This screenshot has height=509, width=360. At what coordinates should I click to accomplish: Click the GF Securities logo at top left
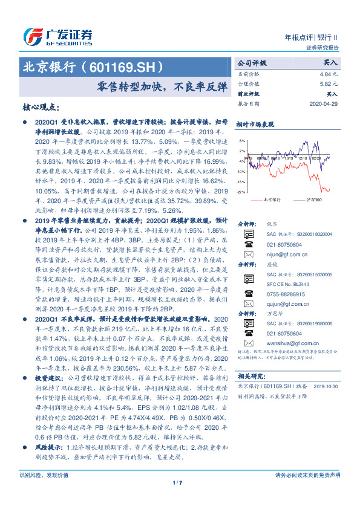pos(57,36)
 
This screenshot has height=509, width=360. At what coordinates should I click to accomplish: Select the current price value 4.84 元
pos(330,73)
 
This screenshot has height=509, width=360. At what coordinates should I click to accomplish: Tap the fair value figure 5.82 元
pos(330,84)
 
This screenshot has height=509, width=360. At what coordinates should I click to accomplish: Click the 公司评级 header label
pos(251,63)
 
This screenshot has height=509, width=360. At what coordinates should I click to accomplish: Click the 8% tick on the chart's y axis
pos(242,140)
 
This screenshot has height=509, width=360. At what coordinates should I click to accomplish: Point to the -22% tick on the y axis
pos(241,192)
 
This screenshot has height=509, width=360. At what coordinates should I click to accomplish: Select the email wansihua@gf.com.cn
pos(288,342)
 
